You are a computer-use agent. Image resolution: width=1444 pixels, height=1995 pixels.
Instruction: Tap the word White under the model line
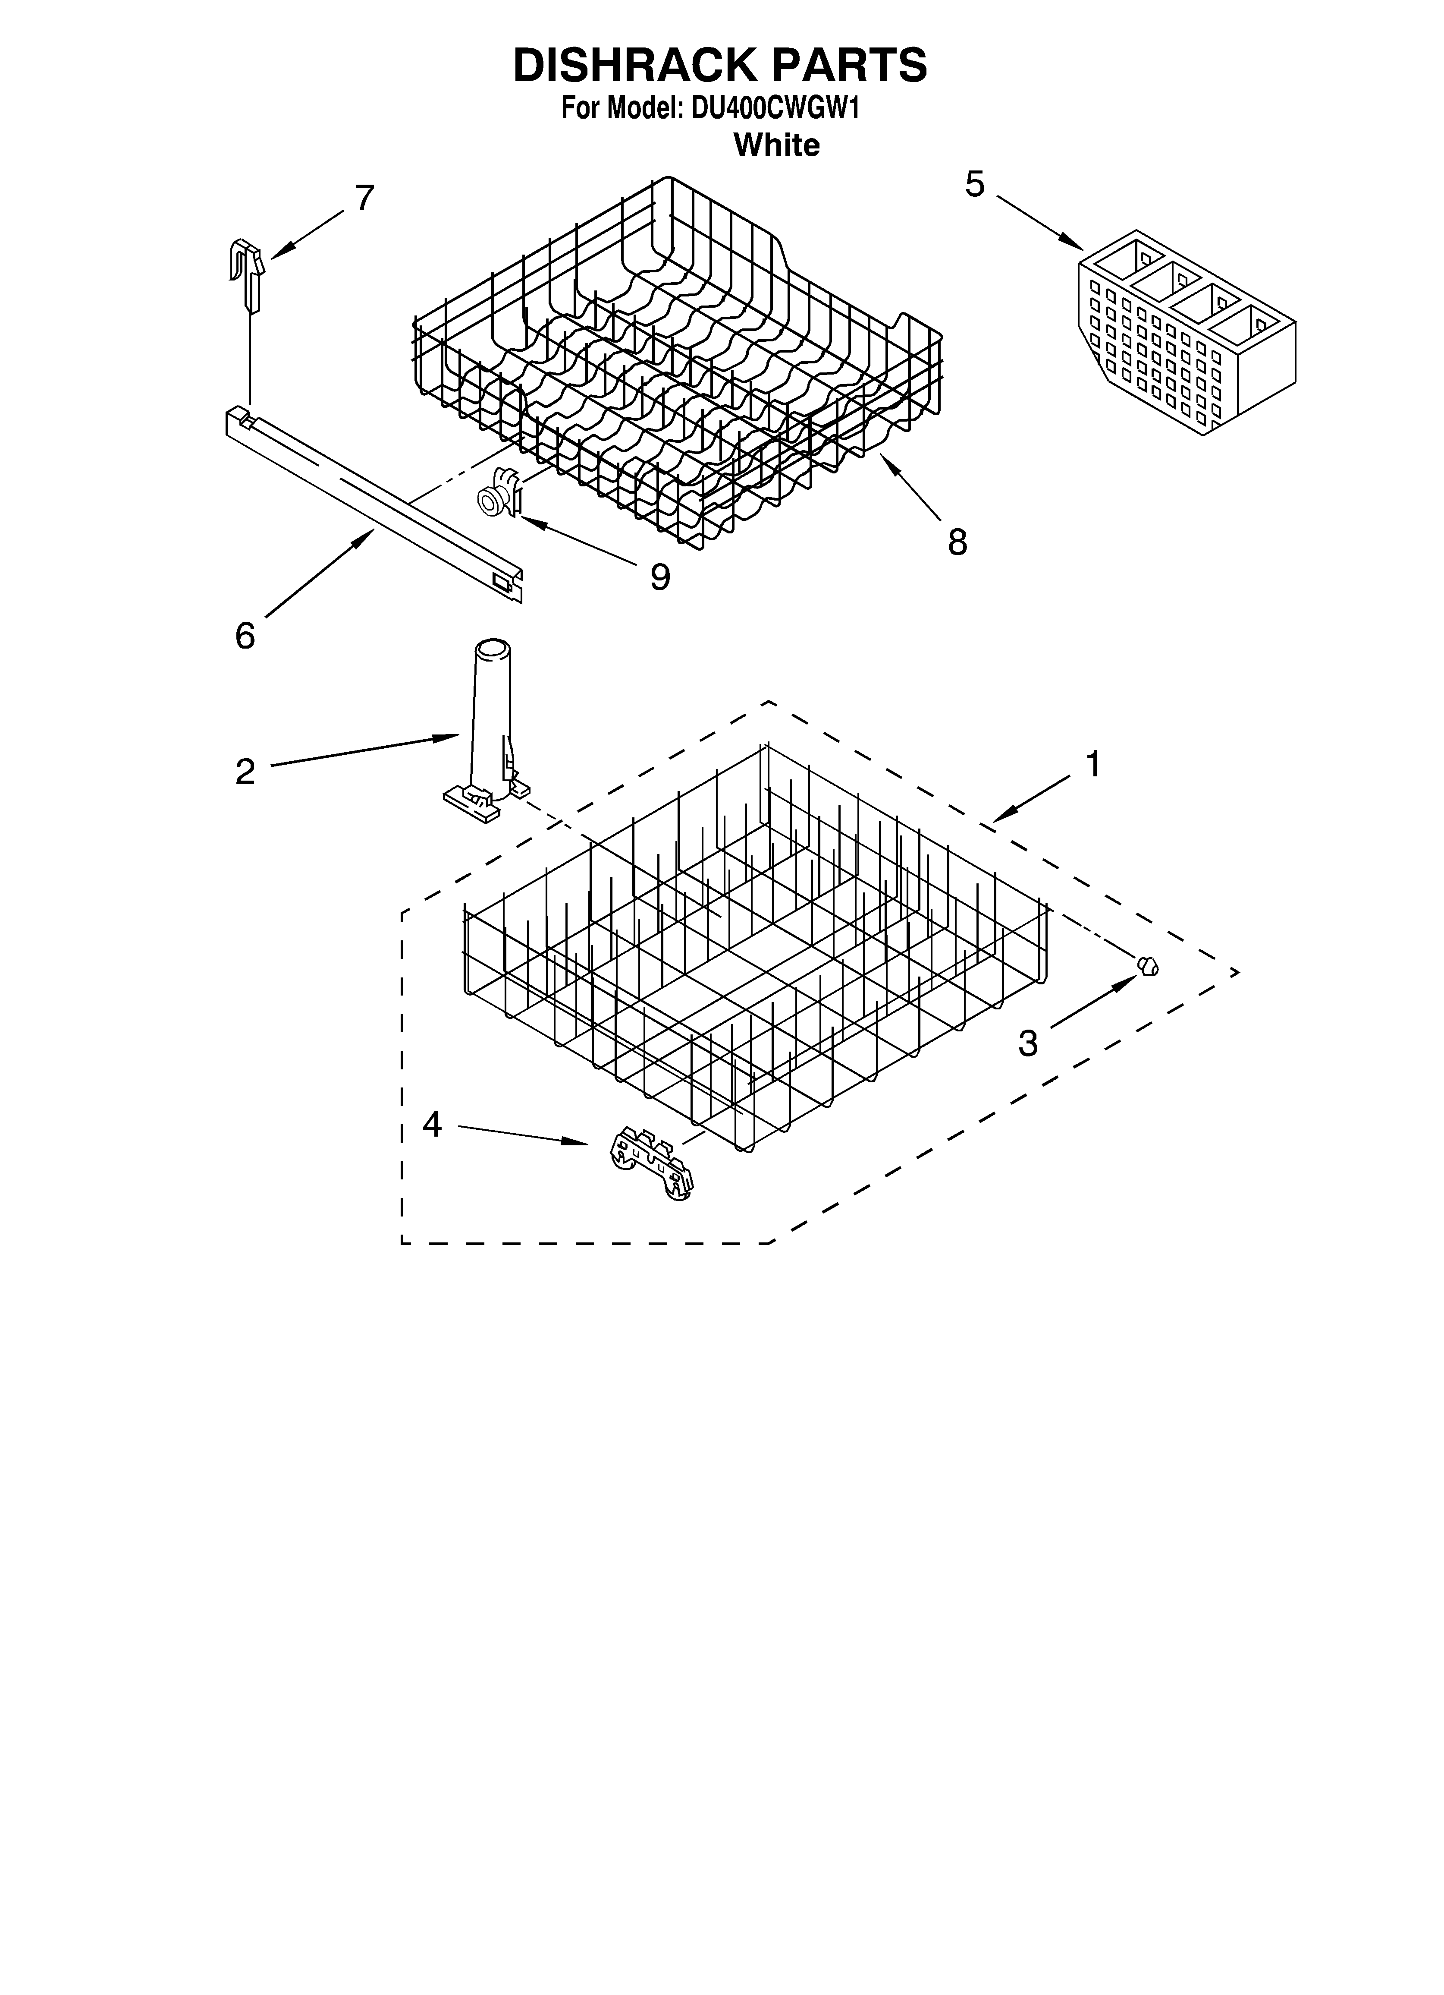point(776,144)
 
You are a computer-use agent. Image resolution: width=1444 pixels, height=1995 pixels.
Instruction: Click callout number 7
point(365,198)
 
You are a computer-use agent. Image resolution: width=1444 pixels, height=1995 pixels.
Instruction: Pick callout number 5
point(974,185)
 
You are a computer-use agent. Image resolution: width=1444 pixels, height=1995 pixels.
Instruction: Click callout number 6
point(245,635)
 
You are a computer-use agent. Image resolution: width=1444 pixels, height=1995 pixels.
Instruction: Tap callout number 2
point(245,772)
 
